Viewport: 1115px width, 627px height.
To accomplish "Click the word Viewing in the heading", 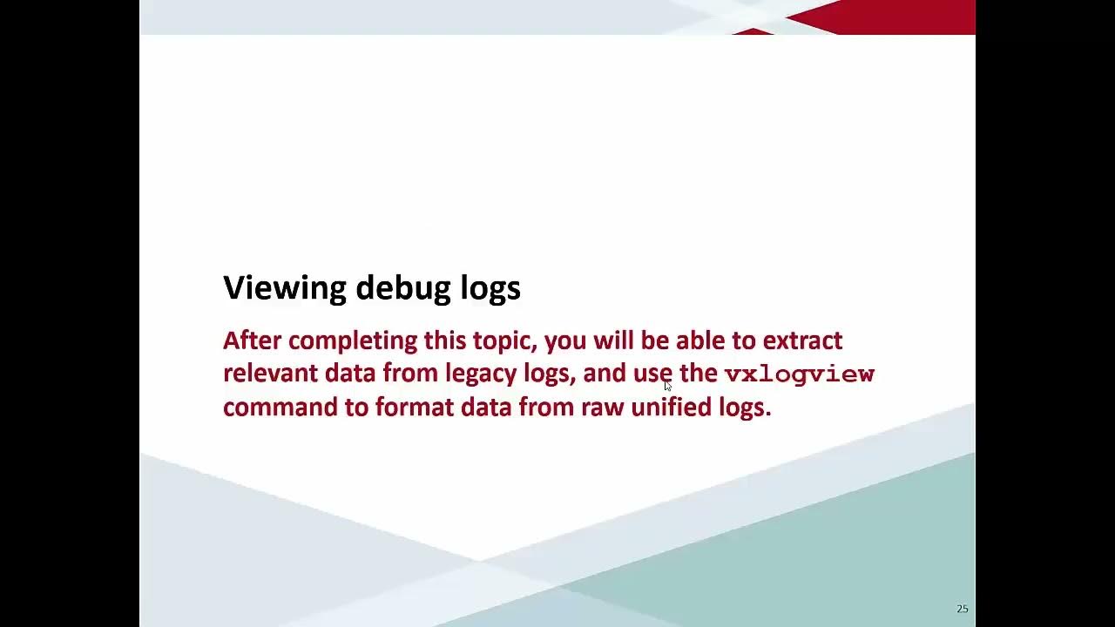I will tap(285, 287).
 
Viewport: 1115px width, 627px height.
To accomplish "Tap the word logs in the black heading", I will tap(490, 287).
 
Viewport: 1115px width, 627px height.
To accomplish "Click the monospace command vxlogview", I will tap(799, 374).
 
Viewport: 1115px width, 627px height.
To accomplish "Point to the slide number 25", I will tap(962, 609).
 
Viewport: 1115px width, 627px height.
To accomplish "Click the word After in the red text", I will tap(253, 340).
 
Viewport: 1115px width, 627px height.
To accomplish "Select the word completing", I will tap(353, 340).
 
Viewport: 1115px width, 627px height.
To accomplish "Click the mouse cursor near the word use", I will tap(667, 385).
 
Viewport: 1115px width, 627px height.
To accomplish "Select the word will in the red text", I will tap(614, 340).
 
